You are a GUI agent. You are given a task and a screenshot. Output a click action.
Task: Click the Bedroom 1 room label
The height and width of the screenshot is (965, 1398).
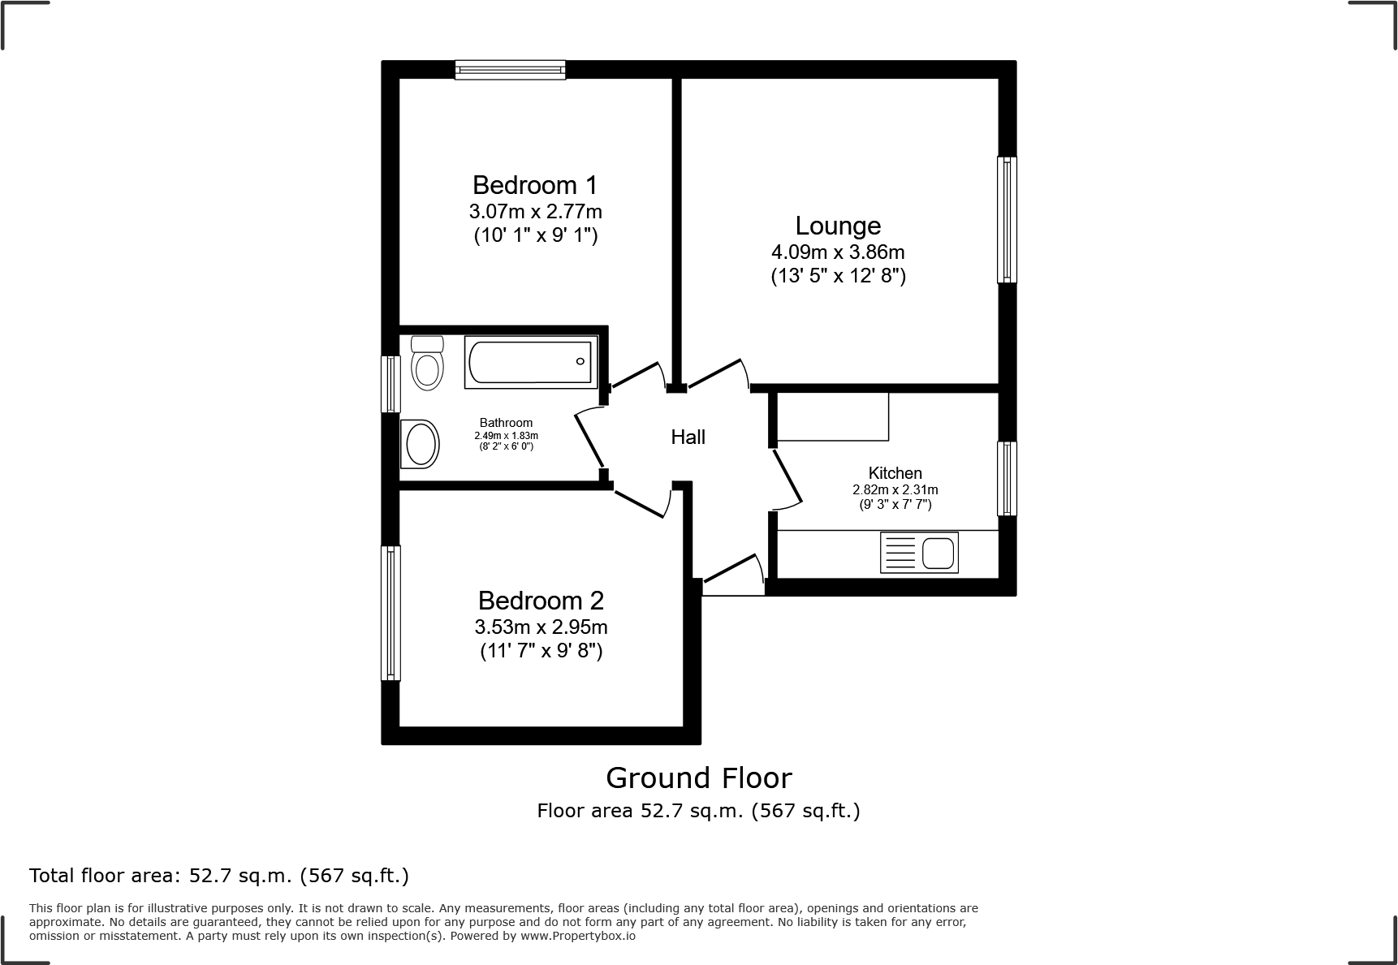click(535, 185)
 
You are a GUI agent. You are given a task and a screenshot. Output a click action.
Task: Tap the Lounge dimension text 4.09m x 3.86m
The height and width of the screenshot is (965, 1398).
click(838, 252)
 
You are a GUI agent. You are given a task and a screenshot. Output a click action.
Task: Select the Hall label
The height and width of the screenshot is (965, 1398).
click(688, 437)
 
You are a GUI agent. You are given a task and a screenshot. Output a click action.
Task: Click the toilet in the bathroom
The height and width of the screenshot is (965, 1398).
click(427, 364)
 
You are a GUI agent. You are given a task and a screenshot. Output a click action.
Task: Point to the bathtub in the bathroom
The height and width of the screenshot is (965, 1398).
click(531, 363)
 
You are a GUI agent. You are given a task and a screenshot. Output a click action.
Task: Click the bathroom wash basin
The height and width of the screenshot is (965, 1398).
click(421, 444)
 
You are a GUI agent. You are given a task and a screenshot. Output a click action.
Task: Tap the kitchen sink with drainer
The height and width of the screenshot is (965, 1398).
click(919, 553)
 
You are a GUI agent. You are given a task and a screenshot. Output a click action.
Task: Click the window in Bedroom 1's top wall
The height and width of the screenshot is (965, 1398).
click(510, 70)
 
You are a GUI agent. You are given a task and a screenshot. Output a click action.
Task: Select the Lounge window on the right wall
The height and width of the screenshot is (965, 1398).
click(1007, 219)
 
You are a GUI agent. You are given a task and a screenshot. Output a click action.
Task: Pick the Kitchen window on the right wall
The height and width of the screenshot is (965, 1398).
click(1007, 478)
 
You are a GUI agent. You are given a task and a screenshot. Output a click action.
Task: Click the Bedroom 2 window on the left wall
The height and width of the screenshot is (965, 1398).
click(390, 613)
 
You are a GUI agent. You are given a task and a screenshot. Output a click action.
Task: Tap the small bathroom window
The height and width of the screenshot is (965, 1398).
click(390, 384)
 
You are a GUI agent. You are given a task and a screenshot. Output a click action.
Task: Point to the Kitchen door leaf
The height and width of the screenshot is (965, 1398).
click(787, 477)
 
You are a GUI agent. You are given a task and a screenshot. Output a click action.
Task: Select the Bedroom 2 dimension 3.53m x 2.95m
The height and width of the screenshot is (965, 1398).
click(541, 627)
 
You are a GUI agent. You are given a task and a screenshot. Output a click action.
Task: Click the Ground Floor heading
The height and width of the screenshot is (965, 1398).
click(698, 778)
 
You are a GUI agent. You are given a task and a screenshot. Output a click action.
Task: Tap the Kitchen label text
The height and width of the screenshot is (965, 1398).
click(895, 473)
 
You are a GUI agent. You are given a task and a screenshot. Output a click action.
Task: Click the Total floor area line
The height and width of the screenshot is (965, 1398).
click(219, 876)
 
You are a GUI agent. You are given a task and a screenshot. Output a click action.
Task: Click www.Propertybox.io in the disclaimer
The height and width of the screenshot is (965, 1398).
click(578, 936)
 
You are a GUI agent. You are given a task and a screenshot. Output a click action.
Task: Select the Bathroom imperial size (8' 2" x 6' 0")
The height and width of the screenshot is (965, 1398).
click(505, 446)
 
